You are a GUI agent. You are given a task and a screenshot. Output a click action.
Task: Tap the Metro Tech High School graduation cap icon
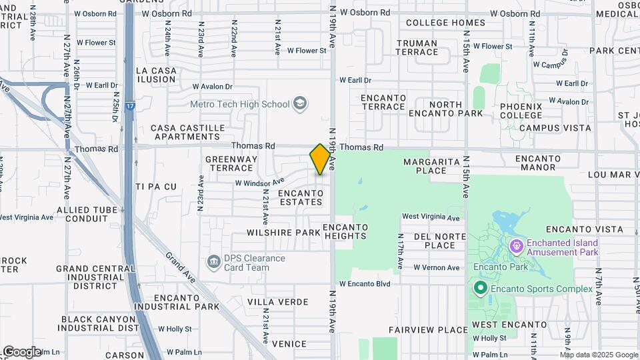click(301, 103)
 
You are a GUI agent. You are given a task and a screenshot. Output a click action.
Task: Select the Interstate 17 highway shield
click(130, 105)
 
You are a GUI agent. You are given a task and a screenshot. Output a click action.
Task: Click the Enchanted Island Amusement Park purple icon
click(517, 247)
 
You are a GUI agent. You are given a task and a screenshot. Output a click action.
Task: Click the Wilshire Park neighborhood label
click(283, 233)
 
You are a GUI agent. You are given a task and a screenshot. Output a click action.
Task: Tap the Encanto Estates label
click(301, 197)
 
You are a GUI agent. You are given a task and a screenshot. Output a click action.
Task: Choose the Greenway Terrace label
click(231, 163)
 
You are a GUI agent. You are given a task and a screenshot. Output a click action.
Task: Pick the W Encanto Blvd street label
click(364, 283)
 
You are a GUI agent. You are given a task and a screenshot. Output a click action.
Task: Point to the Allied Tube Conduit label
click(87, 214)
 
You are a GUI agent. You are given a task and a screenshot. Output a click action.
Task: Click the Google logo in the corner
click(21, 351)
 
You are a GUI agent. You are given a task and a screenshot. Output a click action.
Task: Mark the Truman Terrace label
click(417, 47)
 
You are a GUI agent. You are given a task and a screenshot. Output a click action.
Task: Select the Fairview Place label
click(429, 330)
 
